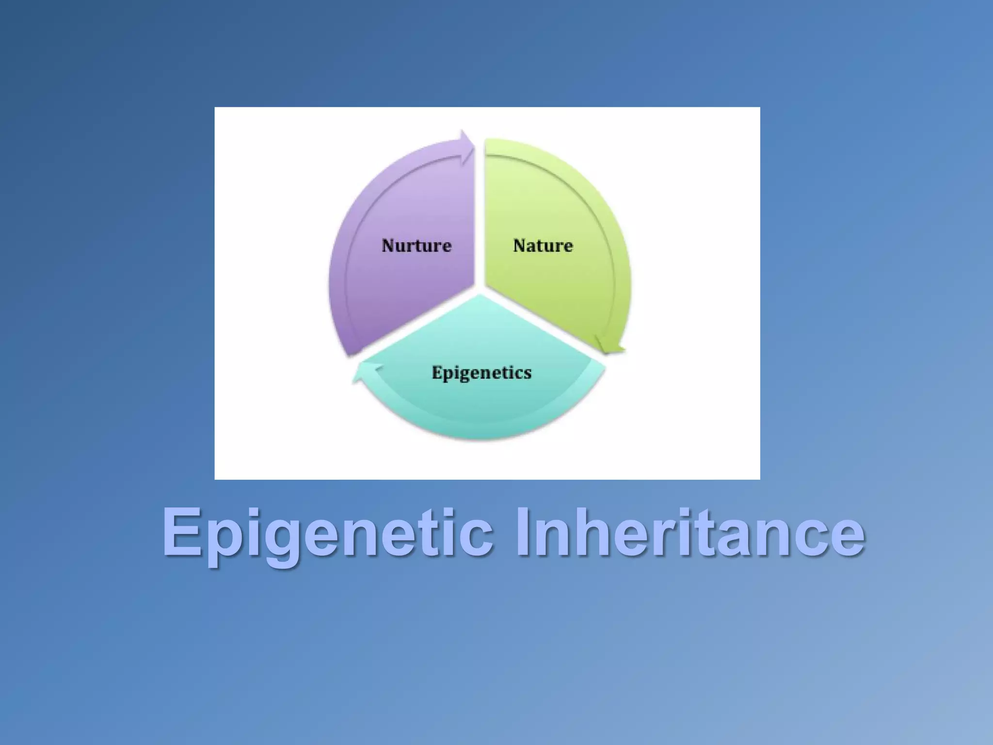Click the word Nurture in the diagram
[416, 245]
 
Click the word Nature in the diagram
[543, 245]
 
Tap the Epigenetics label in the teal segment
[481, 372]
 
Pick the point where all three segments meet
[480, 290]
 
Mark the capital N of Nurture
[389, 245]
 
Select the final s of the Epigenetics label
[528, 373]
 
